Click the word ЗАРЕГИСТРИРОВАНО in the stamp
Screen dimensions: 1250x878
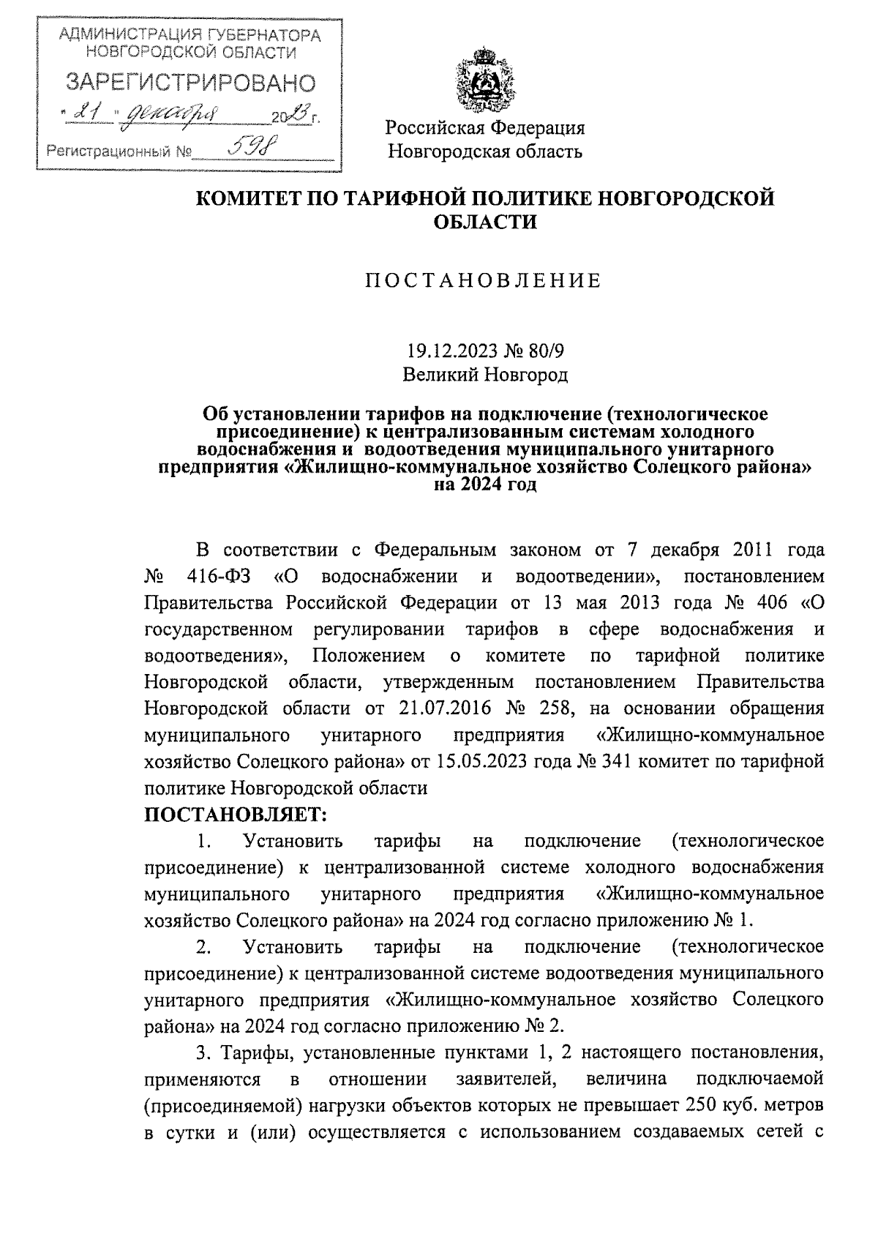190,83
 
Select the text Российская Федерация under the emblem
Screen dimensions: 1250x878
485,128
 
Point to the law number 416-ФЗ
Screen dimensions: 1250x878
219,576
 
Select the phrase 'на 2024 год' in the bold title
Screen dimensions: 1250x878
485,485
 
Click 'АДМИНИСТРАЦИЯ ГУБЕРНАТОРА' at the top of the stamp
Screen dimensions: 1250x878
190,34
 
